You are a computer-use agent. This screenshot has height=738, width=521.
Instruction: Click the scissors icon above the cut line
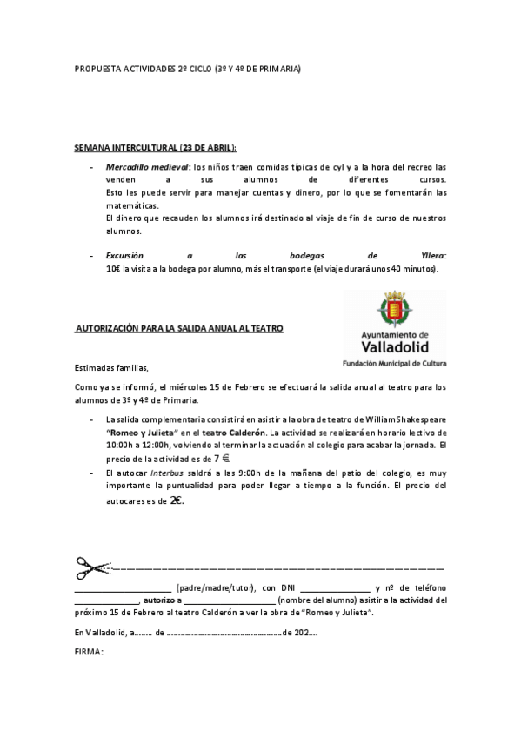pyautogui.click(x=91, y=567)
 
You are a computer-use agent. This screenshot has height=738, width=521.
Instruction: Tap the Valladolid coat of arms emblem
pyautogui.click(x=393, y=310)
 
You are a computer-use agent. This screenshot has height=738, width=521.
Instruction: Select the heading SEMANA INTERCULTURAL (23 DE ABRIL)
pyautogui.click(x=156, y=149)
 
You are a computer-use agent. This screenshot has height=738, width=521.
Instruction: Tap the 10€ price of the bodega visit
pyautogui.click(x=112, y=269)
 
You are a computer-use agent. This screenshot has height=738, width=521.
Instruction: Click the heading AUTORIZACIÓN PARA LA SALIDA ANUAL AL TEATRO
pyautogui.click(x=179, y=328)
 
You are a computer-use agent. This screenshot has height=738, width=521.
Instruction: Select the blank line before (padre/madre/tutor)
pyautogui.click(x=123, y=589)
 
